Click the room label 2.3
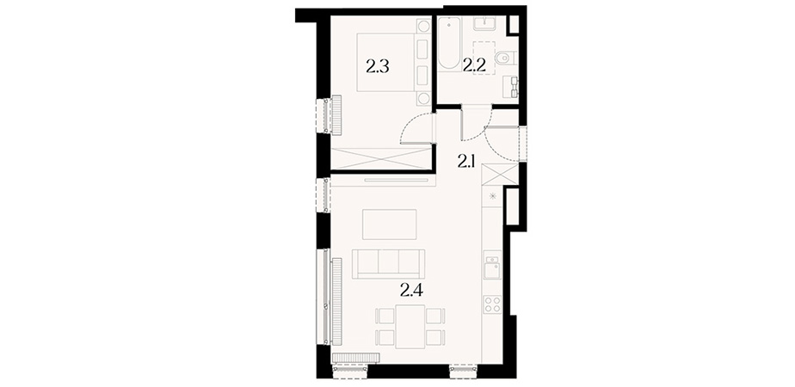click(377, 66)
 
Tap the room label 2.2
click(474, 64)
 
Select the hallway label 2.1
click(466, 162)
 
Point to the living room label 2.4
click(411, 290)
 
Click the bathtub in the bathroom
click(449, 43)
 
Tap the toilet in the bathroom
click(505, 59)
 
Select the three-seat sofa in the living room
click(389, 263)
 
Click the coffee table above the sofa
click(390, 224)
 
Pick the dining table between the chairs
click(410, 326)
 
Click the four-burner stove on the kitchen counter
click(492, 304)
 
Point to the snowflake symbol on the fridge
click(492, 196)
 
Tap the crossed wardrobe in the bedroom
click(383, 158)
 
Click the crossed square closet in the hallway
click(499, 175)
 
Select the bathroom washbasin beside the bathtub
click(486, 23)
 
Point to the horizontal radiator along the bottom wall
click(355, 358)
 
